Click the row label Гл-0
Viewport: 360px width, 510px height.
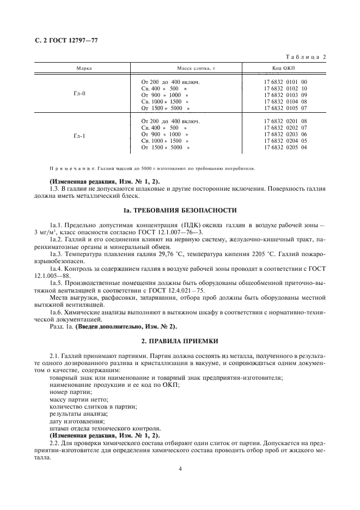[x=80, y=93]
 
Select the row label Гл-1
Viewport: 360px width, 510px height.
[x=80, y=135]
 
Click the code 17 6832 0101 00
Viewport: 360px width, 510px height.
[x=285, y=82]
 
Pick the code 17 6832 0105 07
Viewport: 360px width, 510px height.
[x=285, y=108]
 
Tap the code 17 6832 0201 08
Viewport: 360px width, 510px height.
[x=285, y=121]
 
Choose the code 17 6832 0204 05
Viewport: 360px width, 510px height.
[x=285, y=141]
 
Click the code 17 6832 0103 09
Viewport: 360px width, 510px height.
[x=285, y=95]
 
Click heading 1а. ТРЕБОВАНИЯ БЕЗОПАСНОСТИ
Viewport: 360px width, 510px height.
[x=180, y=209]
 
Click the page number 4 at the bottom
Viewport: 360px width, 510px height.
[x=180, y=468]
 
